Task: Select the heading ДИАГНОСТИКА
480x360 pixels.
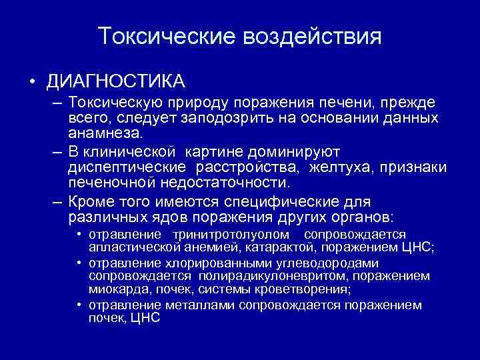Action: [x=115, y=81]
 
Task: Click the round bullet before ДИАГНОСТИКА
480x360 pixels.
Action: [x=31, y=82]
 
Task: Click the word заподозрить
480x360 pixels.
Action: [x=228, y=117]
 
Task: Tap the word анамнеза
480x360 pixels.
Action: [x=105, y=133]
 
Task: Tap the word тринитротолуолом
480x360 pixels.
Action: [x=231, y=235]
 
